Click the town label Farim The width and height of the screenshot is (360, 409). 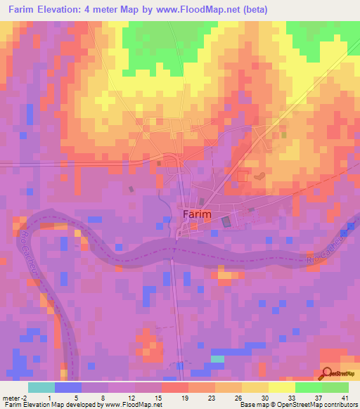(x=192, y=213)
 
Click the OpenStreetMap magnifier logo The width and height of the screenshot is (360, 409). (x=328, y=373)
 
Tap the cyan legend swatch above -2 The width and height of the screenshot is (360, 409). (x=41, y=387)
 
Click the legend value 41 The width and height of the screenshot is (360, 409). (x=344, y=398)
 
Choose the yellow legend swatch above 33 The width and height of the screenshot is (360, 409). (x=281, y=387)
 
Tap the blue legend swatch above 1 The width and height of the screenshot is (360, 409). (x=67, y=387)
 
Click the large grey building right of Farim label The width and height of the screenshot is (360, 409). (x=226, y=221)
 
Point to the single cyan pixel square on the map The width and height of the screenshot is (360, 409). (x=218, y=358)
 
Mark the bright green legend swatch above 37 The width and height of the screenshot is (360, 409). (x=308, y=387)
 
